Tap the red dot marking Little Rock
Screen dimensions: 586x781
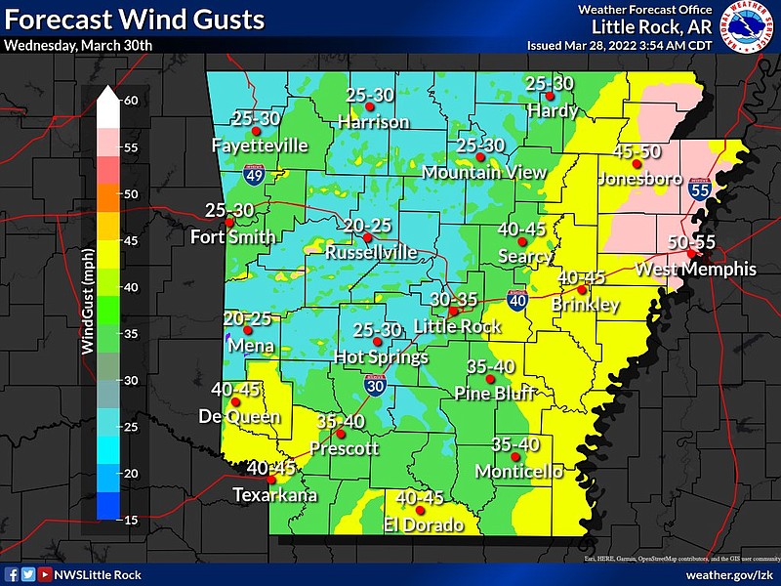click(453, 312)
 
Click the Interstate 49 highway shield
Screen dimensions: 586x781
click(251, 176)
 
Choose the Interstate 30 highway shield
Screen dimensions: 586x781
click(374, 385)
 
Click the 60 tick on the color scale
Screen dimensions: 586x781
click(129, 101)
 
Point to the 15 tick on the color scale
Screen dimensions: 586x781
click(129, 519)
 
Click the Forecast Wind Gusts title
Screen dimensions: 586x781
click(135, 19)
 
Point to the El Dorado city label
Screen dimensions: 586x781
click(424, 524)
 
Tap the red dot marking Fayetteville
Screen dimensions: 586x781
click(256, 131)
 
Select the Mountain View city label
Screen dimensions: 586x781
click(484, 172)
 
